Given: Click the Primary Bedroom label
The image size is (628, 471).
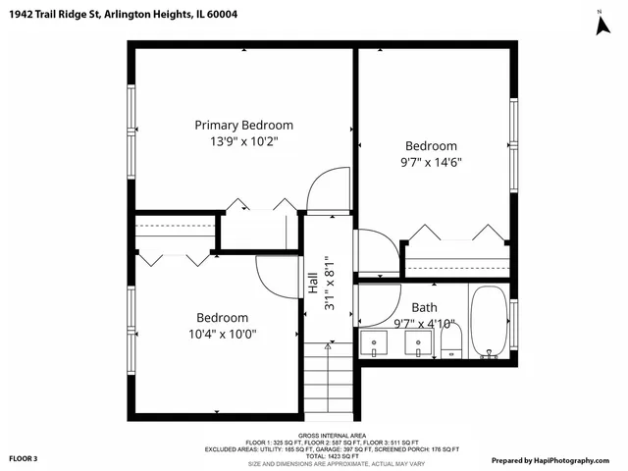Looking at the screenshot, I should tap(243, 125).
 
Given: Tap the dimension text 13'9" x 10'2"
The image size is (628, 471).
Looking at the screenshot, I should tap(243, 141).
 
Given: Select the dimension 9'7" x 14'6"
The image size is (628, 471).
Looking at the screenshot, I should tap(432, 162).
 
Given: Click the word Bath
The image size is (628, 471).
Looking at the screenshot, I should tap(424, 307).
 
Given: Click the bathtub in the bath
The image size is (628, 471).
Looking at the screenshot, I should tap(489, 323).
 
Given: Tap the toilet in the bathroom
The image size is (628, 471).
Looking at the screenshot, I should tap(451, 343).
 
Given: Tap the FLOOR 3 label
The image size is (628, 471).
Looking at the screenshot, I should tap(24, 459).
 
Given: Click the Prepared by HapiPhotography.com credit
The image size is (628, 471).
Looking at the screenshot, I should tap(555, 459).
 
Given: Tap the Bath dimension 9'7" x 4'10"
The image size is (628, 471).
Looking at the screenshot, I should tap(424, 323).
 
